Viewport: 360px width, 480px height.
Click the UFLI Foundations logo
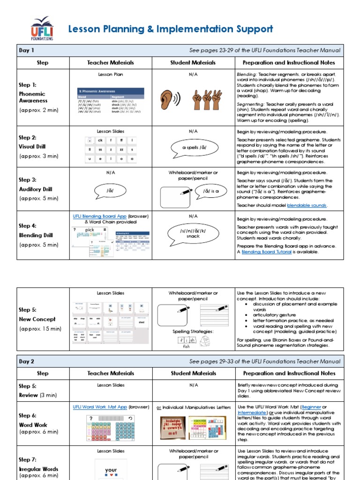pos(42,29)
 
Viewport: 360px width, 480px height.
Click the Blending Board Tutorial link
pos(266,252)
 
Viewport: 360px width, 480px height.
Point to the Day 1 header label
pos(27,50)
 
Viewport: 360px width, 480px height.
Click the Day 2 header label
pos(27,361)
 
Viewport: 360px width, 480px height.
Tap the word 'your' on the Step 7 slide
pos(111,470)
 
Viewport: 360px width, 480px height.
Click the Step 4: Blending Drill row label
pos(36,231)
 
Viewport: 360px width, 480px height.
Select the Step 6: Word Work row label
pos(33,420)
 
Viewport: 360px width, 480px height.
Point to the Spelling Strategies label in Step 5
pos(193,331)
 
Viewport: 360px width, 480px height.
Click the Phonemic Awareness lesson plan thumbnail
pos(111,99)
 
